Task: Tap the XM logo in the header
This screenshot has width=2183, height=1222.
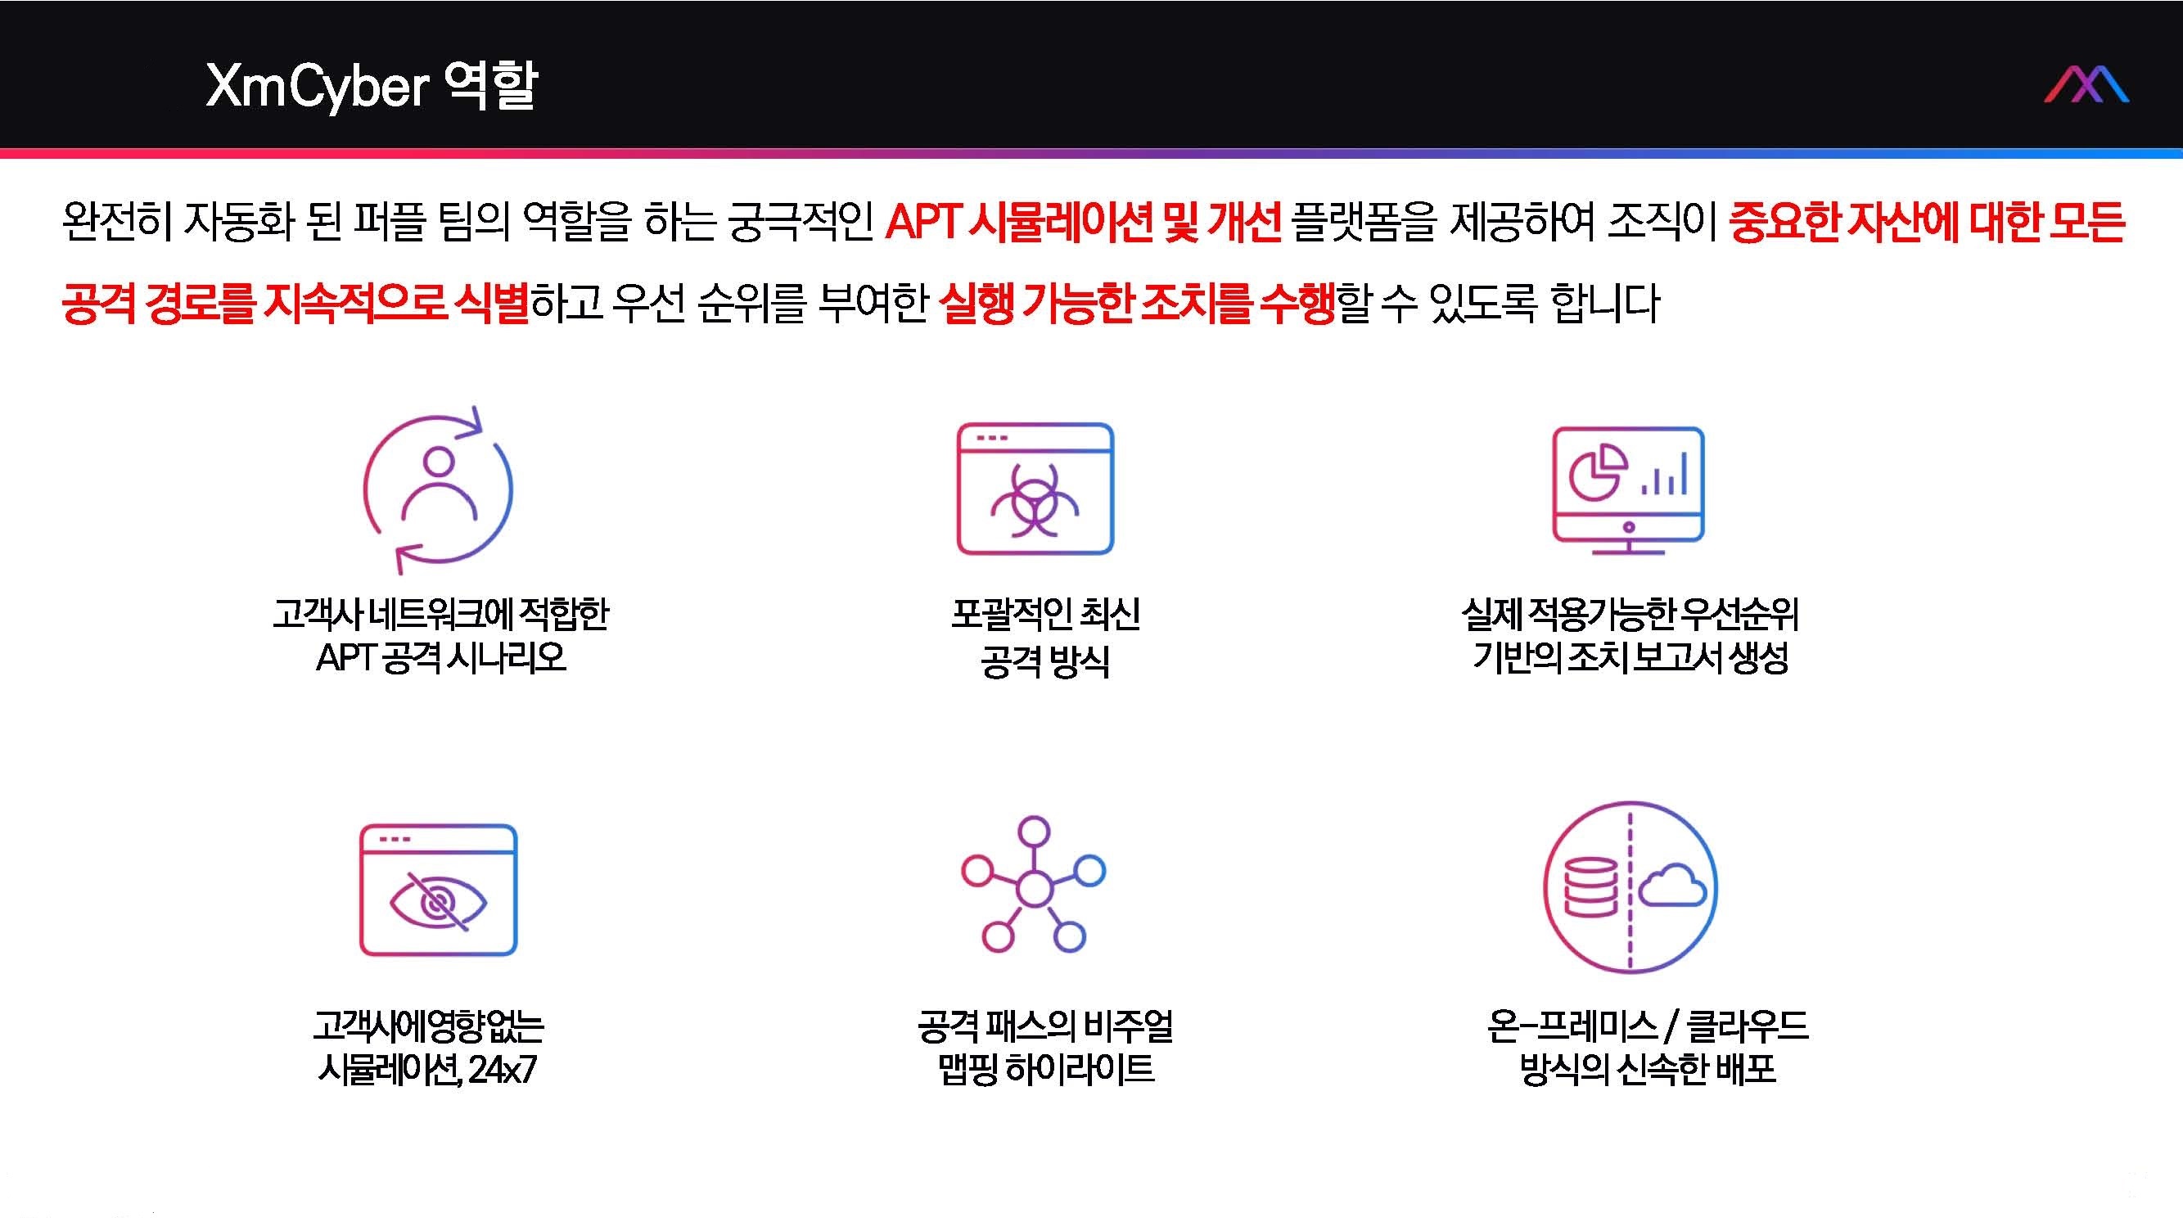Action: [2086, 85]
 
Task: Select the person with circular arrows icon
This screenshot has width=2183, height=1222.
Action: [438, 489]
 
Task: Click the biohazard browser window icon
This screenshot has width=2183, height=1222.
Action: [1035, 489]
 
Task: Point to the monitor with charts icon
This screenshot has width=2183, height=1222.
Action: [1628, 489]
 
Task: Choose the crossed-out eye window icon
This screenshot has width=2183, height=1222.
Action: [438, 890]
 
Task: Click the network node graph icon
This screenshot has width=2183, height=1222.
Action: [1033, 884]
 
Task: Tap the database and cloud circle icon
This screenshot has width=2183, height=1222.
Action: [1630, 886]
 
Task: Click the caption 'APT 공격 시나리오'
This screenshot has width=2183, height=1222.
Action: [440, 657]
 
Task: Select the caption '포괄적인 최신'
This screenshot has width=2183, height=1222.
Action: [1045, 614]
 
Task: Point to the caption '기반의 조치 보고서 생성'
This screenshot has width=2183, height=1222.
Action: [1630, 657]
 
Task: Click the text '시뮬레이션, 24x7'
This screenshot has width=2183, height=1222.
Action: [427, 1070]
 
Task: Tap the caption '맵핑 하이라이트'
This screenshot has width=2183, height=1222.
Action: [1046, 1070]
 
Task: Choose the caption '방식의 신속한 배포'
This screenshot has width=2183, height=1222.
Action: [1648, 1070]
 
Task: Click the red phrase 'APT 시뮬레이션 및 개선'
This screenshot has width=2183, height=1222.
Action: [1083, 222]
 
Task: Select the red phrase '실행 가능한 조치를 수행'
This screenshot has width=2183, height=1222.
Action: [1137, 304]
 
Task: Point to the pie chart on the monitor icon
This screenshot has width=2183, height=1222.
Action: [1598, 473]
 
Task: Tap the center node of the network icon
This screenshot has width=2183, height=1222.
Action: [1033, 888]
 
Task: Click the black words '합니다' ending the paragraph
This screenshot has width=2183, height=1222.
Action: [1604, 304]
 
